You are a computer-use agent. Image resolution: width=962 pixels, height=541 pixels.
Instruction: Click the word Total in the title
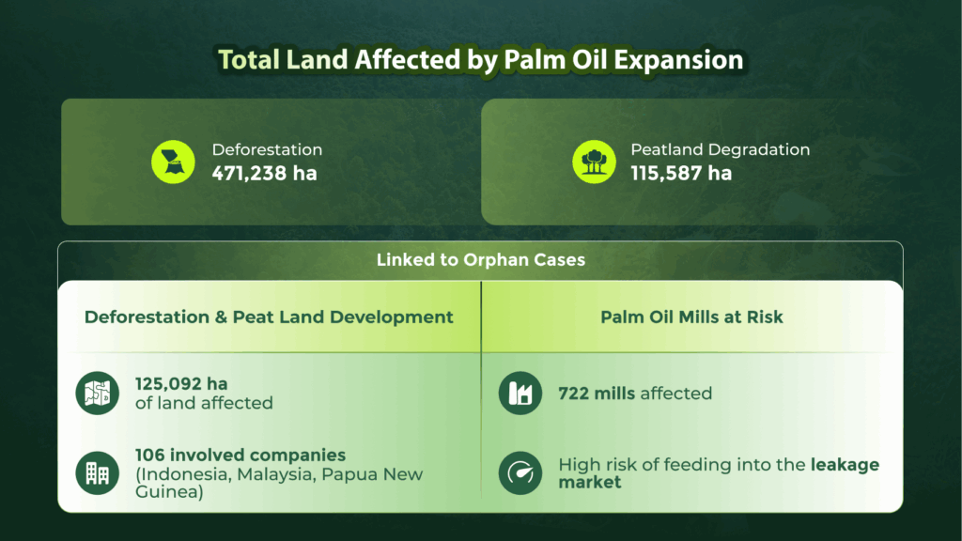point(249,60)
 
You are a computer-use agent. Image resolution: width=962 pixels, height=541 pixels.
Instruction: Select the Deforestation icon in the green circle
point(173,162)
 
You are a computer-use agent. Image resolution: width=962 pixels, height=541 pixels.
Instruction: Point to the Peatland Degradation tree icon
point(594,162)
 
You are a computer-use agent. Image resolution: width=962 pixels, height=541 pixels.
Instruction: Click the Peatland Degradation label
point(720,149)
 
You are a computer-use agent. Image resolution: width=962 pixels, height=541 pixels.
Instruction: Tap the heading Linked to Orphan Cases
point(480,260)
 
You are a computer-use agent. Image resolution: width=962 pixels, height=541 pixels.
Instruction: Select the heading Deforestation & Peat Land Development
point(269,317)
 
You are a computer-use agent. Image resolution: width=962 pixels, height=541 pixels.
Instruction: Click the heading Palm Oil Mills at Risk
point(691,317)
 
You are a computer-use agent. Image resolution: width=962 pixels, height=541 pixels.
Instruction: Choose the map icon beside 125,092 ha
point(98,394)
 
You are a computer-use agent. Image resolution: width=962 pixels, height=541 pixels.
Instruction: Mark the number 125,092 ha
point(181,384)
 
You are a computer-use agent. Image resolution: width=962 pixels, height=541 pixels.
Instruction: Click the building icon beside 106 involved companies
point(98,473)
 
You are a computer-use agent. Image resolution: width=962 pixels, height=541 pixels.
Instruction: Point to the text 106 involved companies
point(240,456)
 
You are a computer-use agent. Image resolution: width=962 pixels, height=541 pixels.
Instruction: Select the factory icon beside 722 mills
point(520,394)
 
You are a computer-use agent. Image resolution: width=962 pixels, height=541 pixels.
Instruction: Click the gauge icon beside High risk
point(520,473)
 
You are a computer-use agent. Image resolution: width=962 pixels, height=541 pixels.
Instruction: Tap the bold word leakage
point(845,464)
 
